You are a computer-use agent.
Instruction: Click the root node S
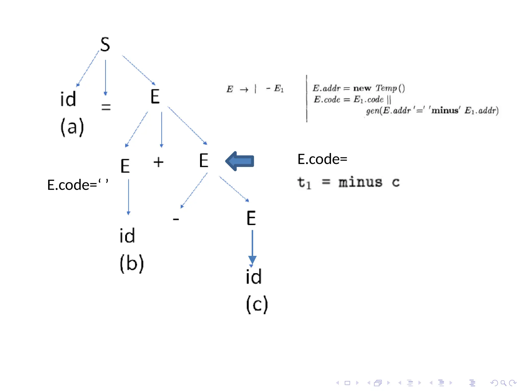105,45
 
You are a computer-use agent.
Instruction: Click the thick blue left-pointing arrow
240,161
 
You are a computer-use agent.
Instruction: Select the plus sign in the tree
158,162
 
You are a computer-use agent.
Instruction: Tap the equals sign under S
106,107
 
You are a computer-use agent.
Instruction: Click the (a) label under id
72,127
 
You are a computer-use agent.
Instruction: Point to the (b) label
132,263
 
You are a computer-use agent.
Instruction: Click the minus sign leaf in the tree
176,219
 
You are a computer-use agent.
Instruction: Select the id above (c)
254,277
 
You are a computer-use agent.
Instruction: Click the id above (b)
127,236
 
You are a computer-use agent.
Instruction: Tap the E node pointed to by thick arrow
204,161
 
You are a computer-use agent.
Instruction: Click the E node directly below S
155,96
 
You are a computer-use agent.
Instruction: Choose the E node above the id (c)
251,218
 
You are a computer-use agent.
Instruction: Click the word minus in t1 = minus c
360,182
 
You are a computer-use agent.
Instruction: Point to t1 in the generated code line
304,183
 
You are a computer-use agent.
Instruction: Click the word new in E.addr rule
362,88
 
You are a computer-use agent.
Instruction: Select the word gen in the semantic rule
372,111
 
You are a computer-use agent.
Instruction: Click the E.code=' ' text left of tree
78,185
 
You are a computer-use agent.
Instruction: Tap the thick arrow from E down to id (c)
252,247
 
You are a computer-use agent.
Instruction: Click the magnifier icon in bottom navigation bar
503,383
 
